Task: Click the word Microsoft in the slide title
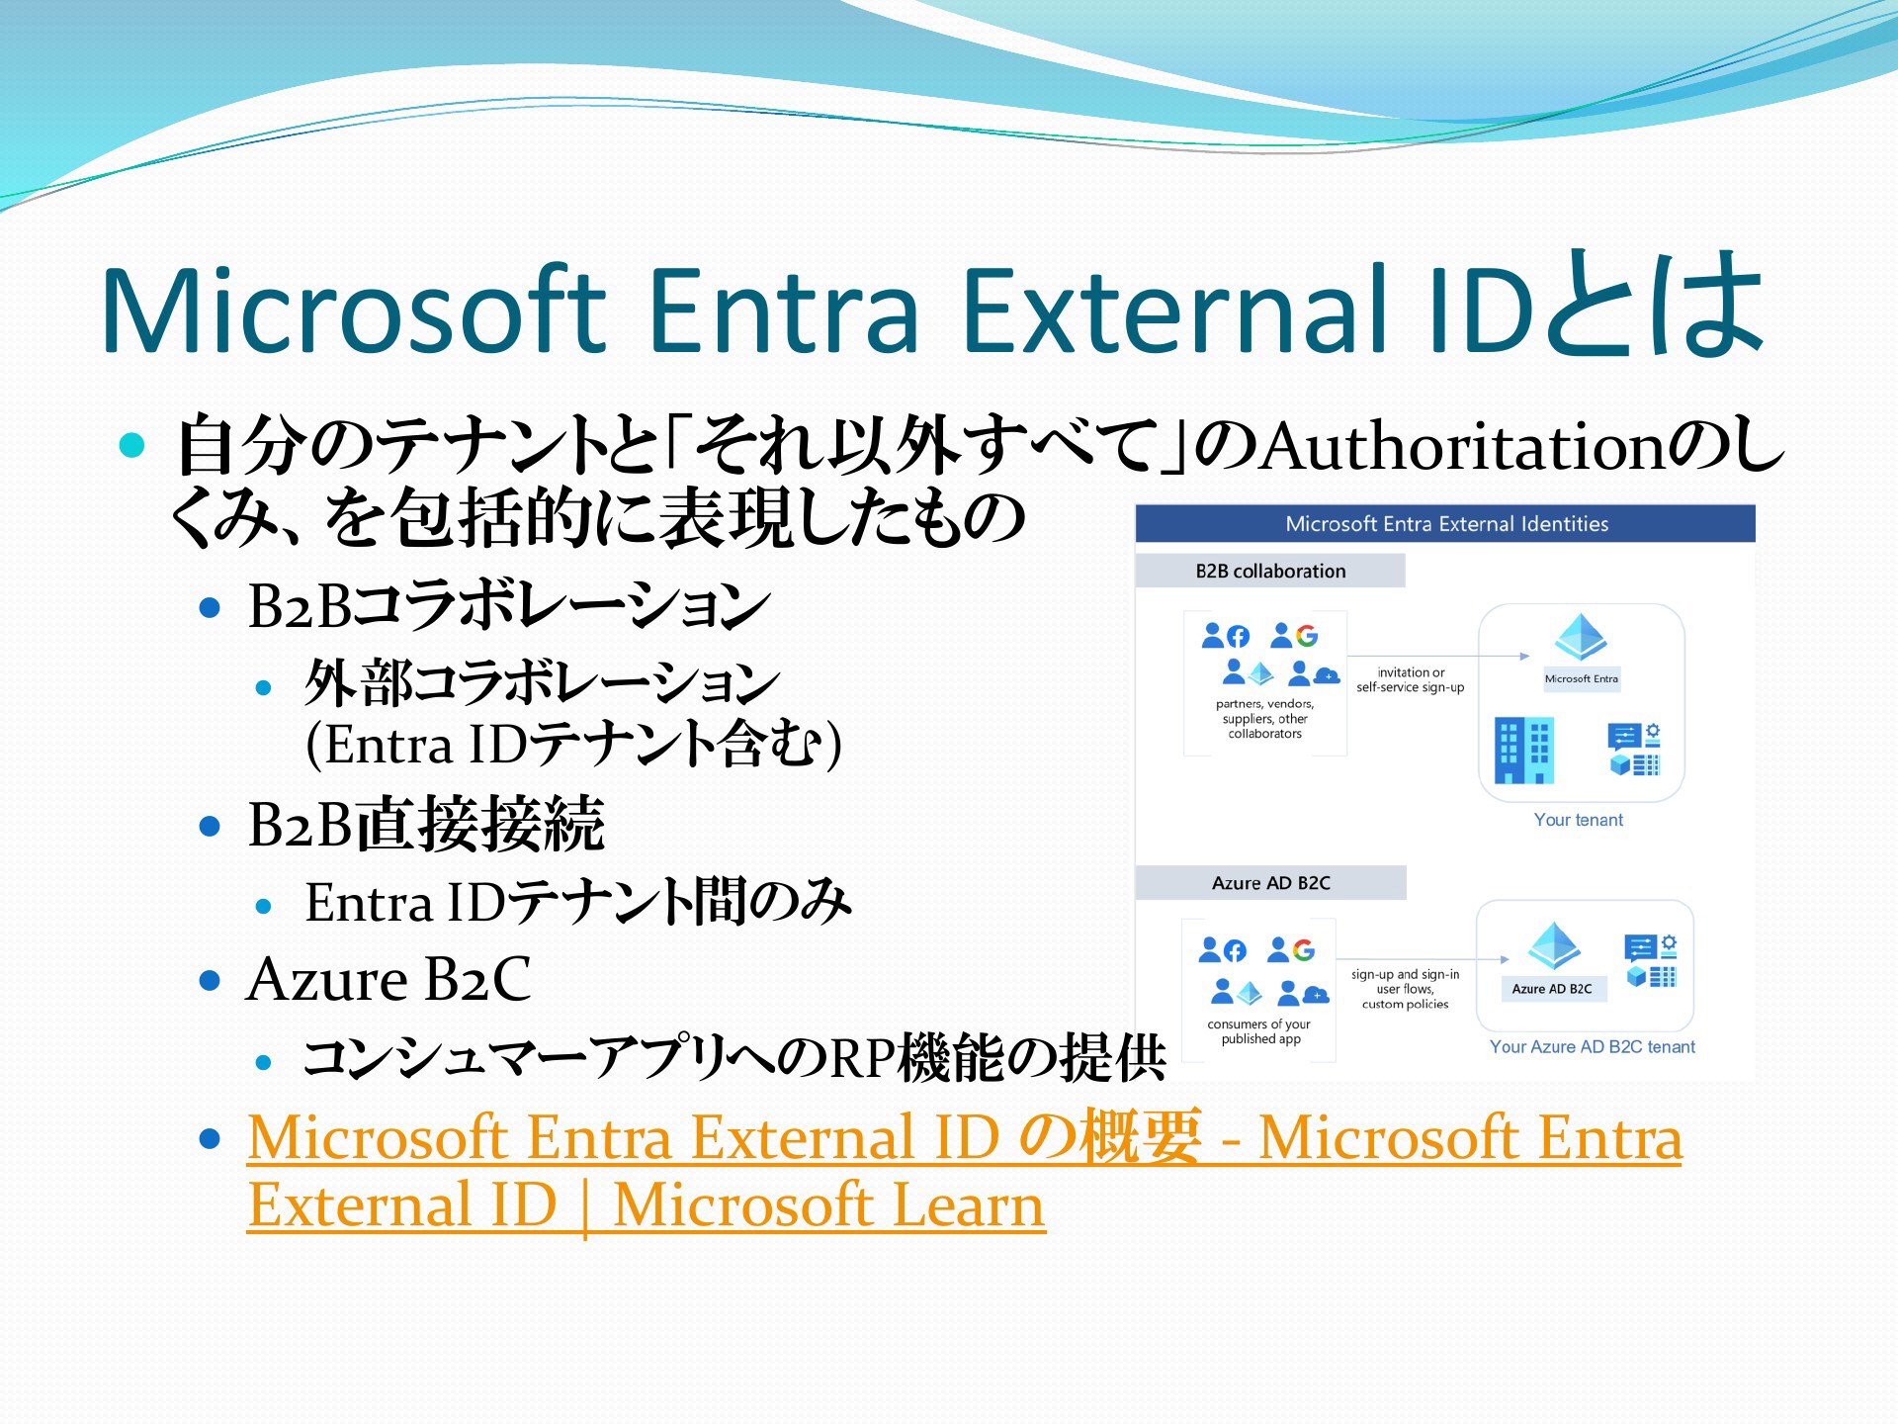point(353,310)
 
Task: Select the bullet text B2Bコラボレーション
point(508,604)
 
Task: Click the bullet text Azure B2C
point(388,979)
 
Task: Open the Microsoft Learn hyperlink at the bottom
point(964,1171)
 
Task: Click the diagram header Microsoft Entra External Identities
point(1446,524)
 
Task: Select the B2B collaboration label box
point(1270,571)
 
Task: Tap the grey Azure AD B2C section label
point(1270,883)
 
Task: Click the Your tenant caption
point(1578,820)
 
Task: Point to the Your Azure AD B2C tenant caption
point(1592,1046)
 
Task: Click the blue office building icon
point(1523,751)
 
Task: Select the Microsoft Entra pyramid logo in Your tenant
point(1581,637)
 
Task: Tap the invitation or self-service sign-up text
point(1411,679)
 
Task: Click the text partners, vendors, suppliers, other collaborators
point(1264,719)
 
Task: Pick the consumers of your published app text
point(1259,1031)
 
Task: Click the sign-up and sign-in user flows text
point(1405,989)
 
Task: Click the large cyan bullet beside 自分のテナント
point(131,445)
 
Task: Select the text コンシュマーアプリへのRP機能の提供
point(734,1058)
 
